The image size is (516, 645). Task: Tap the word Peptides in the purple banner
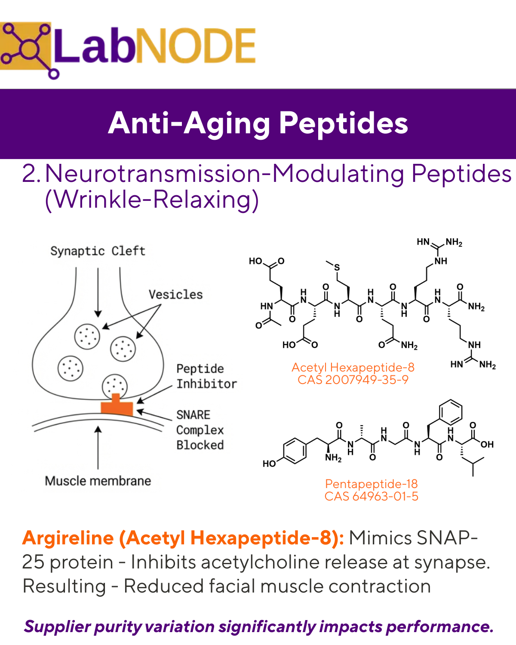tap(343, 123)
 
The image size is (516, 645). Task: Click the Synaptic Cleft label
tap(98, 251)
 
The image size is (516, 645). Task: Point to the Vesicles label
tap(175, 295)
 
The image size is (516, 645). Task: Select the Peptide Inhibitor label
tap(206, 376)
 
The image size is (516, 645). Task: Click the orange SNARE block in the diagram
tap(117, 405)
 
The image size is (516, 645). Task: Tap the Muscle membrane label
tap(98, 481)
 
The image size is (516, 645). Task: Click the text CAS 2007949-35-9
tap(353, 380)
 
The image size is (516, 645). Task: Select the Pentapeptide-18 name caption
tap(371, 484)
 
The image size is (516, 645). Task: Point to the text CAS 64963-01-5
tap(371, 497)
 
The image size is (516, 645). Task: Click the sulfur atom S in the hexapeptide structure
tap(337, 267)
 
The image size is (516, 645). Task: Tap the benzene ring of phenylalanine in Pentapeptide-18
tap(450, 412)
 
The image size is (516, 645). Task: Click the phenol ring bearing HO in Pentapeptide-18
tap(295, 451)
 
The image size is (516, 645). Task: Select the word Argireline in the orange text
tap(68, 538)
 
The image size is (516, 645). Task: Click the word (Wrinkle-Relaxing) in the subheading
tap(152, 200)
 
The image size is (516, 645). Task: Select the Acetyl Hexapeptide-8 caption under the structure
tap(353, 368)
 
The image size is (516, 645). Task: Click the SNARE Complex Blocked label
tap(200, 430)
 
